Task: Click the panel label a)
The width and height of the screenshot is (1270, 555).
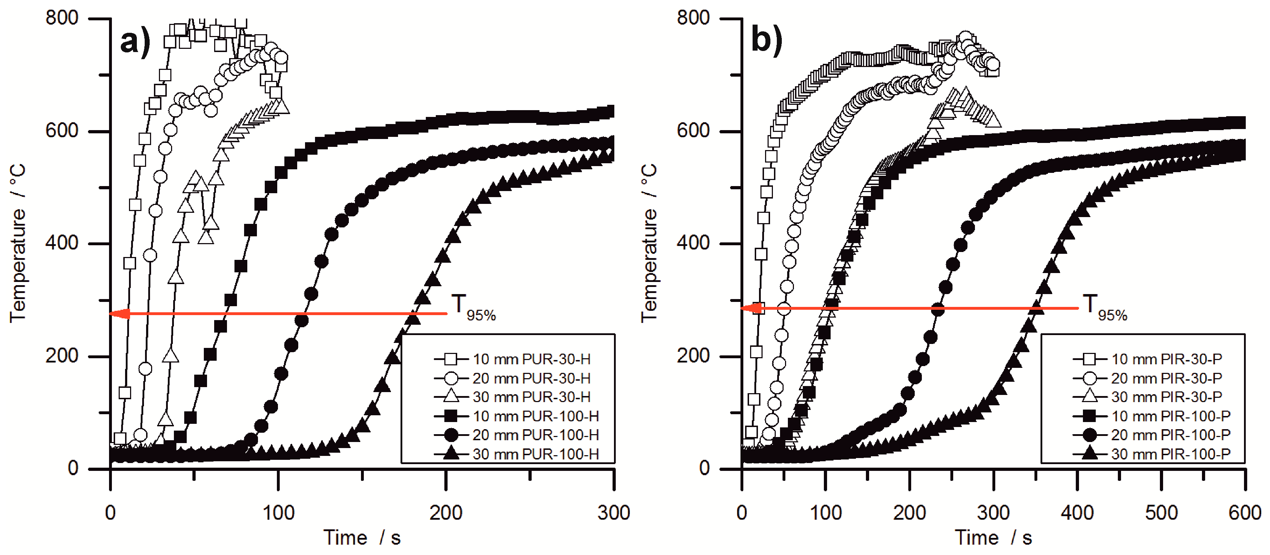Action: click(135, 41)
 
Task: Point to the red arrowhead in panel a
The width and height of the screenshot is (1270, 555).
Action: click(119, 314)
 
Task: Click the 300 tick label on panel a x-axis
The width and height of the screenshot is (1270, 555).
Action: click(613, 513)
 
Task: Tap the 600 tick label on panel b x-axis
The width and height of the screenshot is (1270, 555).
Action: click(1244, 513)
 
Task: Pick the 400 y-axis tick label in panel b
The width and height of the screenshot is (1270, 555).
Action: click(693, 243)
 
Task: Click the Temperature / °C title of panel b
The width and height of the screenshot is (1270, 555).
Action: click(649, 243)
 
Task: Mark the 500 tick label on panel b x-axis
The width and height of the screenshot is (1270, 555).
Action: click(1161, 513)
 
